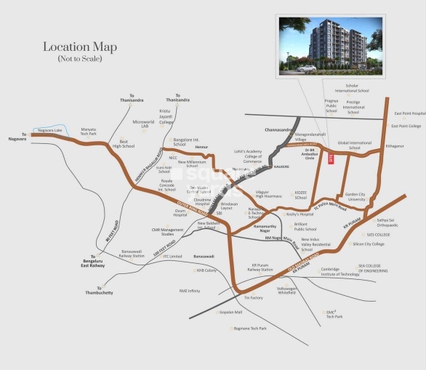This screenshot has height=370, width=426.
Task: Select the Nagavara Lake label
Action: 49,131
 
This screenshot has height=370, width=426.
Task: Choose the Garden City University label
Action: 355,197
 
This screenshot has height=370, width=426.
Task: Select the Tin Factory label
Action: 253,298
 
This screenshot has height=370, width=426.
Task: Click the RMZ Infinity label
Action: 189,291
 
